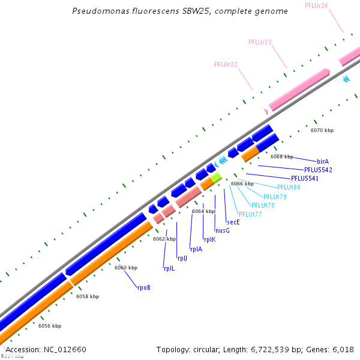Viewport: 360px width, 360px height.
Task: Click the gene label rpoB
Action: point(143,288)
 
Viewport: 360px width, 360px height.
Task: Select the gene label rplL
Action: point(169,268)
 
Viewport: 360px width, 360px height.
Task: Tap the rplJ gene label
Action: point(182,259)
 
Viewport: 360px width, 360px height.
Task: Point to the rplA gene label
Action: point(196,249)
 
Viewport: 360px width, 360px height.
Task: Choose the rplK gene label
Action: point(209,239)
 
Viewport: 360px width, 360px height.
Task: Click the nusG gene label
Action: point(223,230)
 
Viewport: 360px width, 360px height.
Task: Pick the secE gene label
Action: point(233,222)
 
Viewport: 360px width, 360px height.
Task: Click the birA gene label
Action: point(323,161)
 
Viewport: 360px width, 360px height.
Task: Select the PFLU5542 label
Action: point(318,170)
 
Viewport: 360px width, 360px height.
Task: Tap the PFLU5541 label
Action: point(305,178)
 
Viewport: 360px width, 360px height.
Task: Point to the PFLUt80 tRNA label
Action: point(289,187)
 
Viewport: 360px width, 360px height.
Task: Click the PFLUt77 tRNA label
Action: point(250,214)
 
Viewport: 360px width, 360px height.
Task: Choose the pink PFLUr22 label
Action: point(226,64)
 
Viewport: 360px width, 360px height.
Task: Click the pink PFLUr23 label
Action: point(260,42)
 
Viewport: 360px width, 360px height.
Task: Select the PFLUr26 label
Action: point(316,5)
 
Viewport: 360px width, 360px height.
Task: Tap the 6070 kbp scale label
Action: point(322,130)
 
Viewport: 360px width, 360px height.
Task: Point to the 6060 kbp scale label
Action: point(126,268)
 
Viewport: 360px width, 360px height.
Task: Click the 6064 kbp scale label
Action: point(203,211)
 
